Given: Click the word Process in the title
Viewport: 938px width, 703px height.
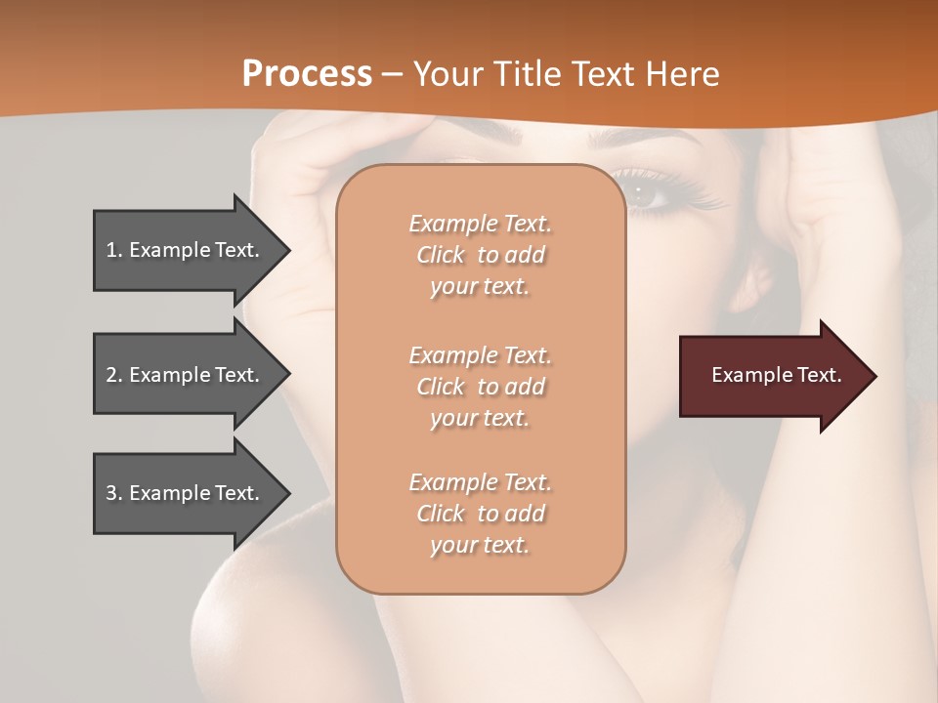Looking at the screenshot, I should click(x=307, y=74).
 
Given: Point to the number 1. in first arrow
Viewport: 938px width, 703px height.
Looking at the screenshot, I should click(x=114, y=250).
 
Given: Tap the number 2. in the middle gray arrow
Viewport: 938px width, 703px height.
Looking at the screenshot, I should click(x=114, y=375).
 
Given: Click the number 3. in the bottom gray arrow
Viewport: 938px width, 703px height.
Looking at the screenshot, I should click(x=114, y=493).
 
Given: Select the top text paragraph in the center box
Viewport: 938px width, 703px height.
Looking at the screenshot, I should click(x=480, y=255).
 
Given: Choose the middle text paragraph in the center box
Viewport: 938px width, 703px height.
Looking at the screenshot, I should click(x=480, y=387).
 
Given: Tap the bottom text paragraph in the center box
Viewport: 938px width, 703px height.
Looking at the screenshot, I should click(x=480, y=514).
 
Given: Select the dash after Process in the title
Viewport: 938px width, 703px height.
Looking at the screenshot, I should click(x=392, y=74).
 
